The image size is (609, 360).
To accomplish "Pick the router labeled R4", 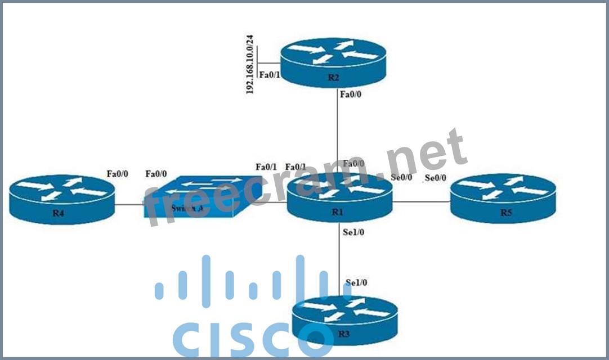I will (61, 199).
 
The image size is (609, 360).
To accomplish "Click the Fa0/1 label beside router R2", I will (268, 74).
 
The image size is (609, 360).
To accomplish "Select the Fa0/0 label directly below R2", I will (351, 95).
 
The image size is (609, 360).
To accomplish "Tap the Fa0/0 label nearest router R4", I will (117, 174).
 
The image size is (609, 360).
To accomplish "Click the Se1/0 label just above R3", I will (356, 282).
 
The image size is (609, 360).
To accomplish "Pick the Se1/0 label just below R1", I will (353, 232).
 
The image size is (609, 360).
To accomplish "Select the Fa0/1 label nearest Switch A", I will (266, 167).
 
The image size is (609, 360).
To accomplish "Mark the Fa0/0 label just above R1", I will (353, 164).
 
